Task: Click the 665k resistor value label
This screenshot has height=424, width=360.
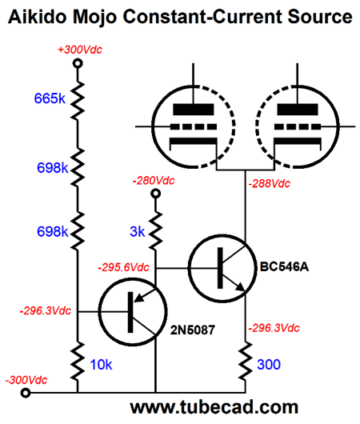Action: [x=50, y=98]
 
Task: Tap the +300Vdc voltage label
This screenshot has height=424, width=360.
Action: [x=80, y=50]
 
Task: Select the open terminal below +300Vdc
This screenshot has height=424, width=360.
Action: [x=78, y=63]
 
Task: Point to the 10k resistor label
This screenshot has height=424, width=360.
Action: [x=101, y=365]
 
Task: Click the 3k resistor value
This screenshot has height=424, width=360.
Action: [x=138, y=232]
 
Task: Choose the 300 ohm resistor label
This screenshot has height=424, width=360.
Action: [x=269, y=365]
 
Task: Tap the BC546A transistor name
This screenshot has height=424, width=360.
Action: [x=284, y=267]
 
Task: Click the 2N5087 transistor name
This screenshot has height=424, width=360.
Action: [x=193, y=330]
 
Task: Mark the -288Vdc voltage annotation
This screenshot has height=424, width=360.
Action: [x=270, y=184]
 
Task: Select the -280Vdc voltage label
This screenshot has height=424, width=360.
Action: [x=154, y=181]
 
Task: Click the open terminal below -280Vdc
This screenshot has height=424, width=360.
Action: [x=155, y=194]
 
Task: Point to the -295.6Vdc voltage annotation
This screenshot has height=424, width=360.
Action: [x=124, y=267]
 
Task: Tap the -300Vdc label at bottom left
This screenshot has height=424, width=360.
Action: [x=26, y=380]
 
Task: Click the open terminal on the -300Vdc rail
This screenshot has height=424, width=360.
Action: [x=26, y=393]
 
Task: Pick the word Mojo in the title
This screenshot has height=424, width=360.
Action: [x=94, y=17]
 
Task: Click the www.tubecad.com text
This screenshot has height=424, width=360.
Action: [x=214, y=407]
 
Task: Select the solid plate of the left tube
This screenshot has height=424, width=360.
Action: [x=194, y=110]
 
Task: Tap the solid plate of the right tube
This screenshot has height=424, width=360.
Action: [x=298, y=110]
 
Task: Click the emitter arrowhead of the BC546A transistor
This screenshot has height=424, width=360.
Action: [x=240, y=287]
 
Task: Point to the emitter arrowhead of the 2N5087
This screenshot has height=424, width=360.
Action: [x=139, y=298]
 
